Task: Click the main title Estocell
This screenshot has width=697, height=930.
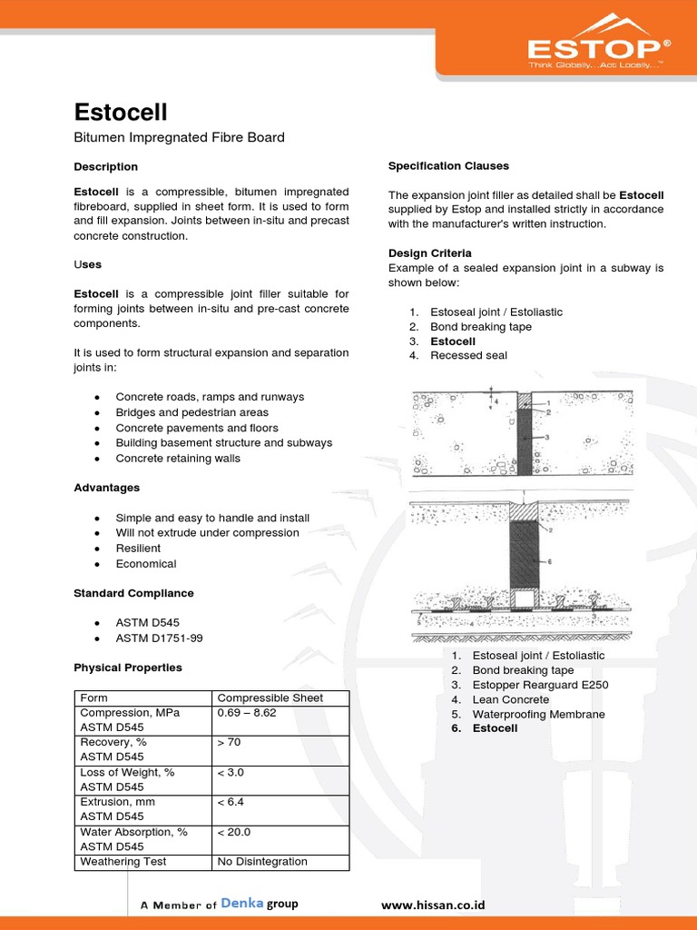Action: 121,112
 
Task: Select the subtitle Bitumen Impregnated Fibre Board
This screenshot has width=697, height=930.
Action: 179,138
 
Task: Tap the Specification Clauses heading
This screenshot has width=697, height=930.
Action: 448,166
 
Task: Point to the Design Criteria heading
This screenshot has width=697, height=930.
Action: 430,253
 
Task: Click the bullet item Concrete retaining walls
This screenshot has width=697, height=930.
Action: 178,459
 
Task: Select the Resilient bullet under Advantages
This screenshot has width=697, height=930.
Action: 138,549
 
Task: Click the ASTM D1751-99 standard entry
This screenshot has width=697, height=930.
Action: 159,638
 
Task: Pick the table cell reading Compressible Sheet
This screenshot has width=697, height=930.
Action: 270,698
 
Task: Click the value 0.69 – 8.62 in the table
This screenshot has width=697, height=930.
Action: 247,713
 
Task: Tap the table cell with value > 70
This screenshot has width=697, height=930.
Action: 230,743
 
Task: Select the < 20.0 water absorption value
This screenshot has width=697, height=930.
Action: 233,832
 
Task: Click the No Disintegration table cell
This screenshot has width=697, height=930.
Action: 262,862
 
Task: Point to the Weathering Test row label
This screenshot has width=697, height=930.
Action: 123,862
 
